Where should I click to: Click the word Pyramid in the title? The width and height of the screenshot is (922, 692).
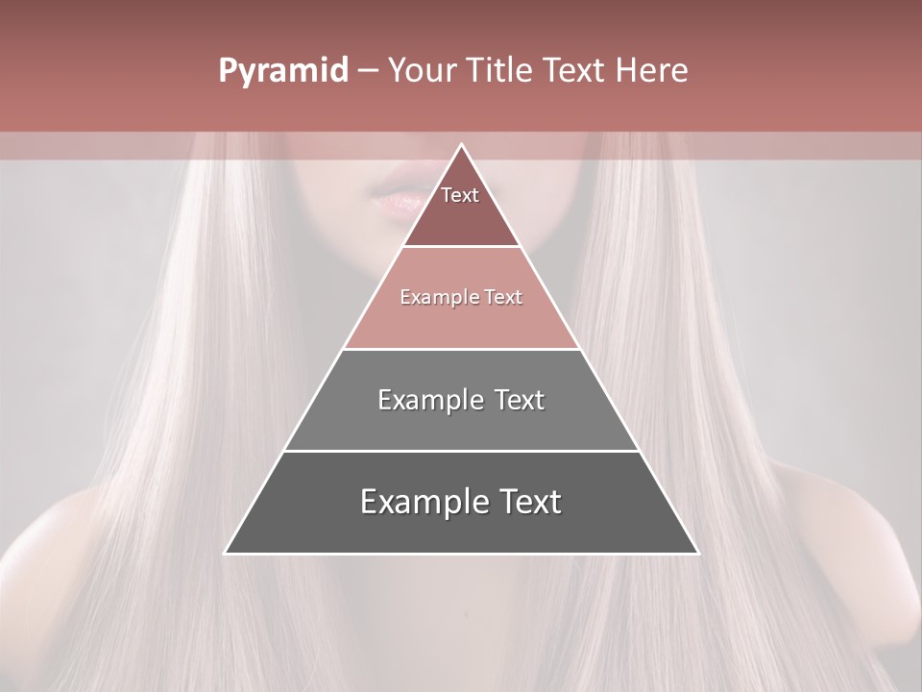coord(283,71)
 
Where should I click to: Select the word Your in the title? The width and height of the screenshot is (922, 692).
coord(424,70)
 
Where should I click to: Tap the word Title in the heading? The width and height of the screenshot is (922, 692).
coord(500,70)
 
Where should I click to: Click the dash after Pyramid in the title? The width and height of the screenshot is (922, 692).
coord(368,71)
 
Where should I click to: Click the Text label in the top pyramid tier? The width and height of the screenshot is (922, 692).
coord(460,195)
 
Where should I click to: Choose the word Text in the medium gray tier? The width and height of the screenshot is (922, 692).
coord(520,400)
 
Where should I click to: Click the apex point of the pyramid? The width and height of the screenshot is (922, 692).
coord(462,145)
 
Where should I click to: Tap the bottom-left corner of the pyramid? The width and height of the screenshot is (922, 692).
coord(226,553)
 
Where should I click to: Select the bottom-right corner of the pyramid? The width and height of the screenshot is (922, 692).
coord(697,553)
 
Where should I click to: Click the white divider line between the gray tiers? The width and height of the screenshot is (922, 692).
coord(461,451)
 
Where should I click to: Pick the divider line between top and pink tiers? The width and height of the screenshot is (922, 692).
coord(461,247)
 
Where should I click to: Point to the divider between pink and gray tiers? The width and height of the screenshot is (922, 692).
coord(461,349)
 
